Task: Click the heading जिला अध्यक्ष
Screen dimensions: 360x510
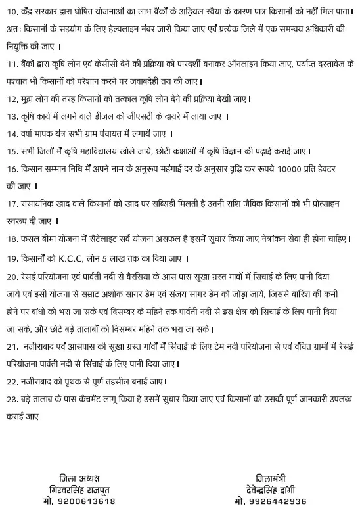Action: [79, 478]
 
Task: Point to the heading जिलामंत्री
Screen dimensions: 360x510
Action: [271, 478]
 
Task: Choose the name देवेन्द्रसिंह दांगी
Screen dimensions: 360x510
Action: [271, 490]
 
